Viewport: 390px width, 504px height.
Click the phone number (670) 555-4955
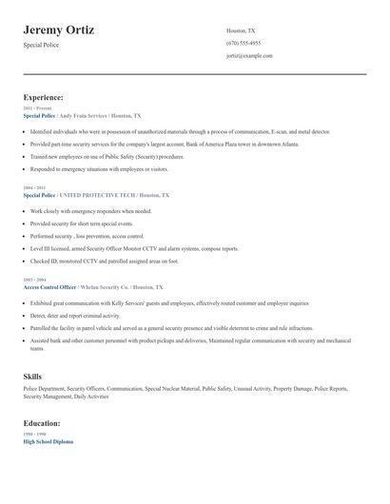(x=244, y=43)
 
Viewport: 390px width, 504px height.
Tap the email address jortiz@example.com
(x=249, y=56)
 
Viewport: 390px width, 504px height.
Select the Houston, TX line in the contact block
(x=241, y=30)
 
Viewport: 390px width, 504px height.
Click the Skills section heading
(x=32, y=377)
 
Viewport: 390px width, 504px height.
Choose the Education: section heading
(x=42, y=423)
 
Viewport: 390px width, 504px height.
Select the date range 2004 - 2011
(x=33, y=187)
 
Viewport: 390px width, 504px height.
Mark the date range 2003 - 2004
(x=33, y=280)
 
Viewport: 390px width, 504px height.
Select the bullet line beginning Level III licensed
(x=133, y=247)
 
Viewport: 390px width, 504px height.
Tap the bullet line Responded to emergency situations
(x=98, y=168)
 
